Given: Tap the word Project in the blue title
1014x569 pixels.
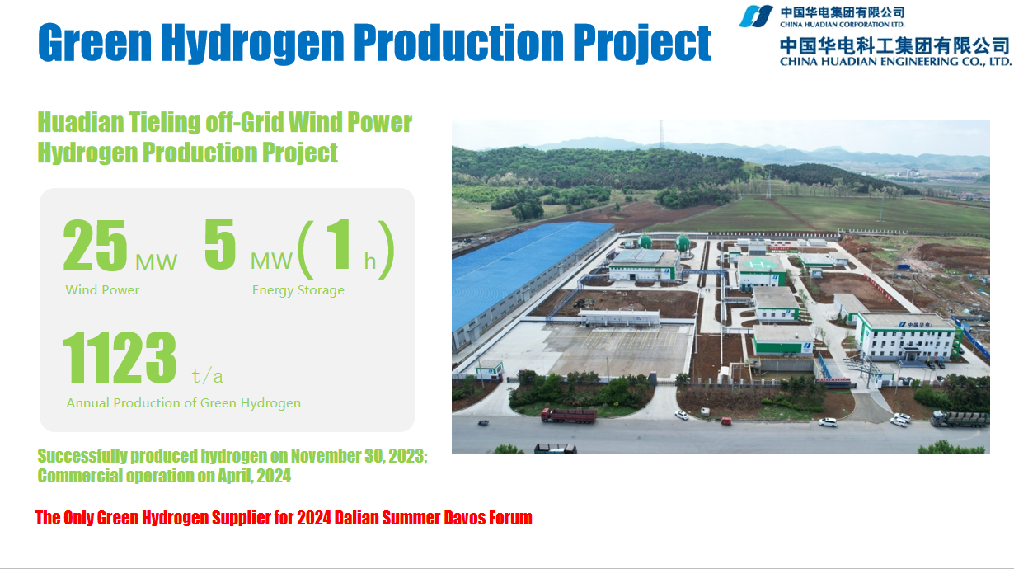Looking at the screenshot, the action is pos(642,43).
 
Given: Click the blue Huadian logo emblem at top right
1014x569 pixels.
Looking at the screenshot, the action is pos(756,16).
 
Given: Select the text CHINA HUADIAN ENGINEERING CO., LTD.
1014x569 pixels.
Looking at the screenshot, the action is pos(895,62).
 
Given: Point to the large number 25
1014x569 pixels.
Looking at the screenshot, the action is pos(95,245).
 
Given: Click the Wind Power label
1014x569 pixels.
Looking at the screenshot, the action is pos(102,289).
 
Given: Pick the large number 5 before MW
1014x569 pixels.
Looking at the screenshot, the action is pos(220,243).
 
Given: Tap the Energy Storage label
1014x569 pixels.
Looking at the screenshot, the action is pos(298,290).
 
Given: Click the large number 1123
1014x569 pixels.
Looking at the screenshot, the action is pos(119,357).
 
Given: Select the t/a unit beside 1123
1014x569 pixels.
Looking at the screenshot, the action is pos(207,376).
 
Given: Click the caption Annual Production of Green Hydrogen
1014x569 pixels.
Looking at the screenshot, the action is pos(183,403).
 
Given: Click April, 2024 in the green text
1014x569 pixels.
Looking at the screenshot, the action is pos(255,476).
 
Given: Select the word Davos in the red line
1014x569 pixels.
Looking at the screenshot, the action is pos(464,518).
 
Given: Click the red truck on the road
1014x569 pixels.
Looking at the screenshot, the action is pos(569,415).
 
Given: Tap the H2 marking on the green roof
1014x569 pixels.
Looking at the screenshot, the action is pos(758,263).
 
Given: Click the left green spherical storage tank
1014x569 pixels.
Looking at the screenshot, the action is pos(645,242).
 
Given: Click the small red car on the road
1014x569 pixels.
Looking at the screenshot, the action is pos(726,421).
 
